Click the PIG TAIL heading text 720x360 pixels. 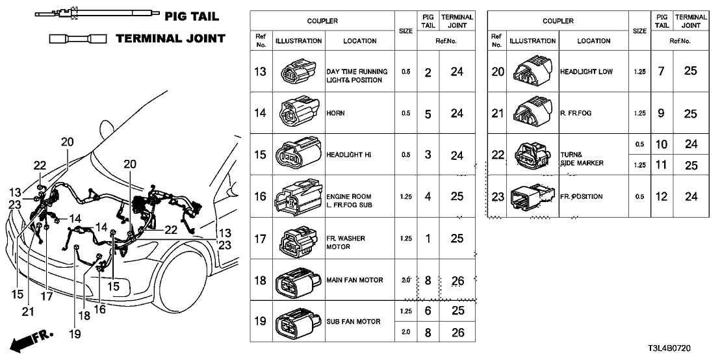(192, 16)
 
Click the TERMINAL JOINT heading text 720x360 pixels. (170, 38)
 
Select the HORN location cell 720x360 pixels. (335, 113)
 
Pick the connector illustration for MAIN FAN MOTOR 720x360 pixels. (297, 282)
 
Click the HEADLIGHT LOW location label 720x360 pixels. (586, 71)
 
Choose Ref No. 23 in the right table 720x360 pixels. (498, 197)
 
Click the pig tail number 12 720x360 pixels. (661, 197)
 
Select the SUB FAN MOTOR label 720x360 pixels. (353, 322)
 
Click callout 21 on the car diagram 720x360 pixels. (27, 311)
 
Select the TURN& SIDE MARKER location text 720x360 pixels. (582, 159)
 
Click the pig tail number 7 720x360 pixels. (661, 71)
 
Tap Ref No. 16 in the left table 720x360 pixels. (261, 196)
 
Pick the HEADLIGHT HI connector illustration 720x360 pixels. (297, 155)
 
